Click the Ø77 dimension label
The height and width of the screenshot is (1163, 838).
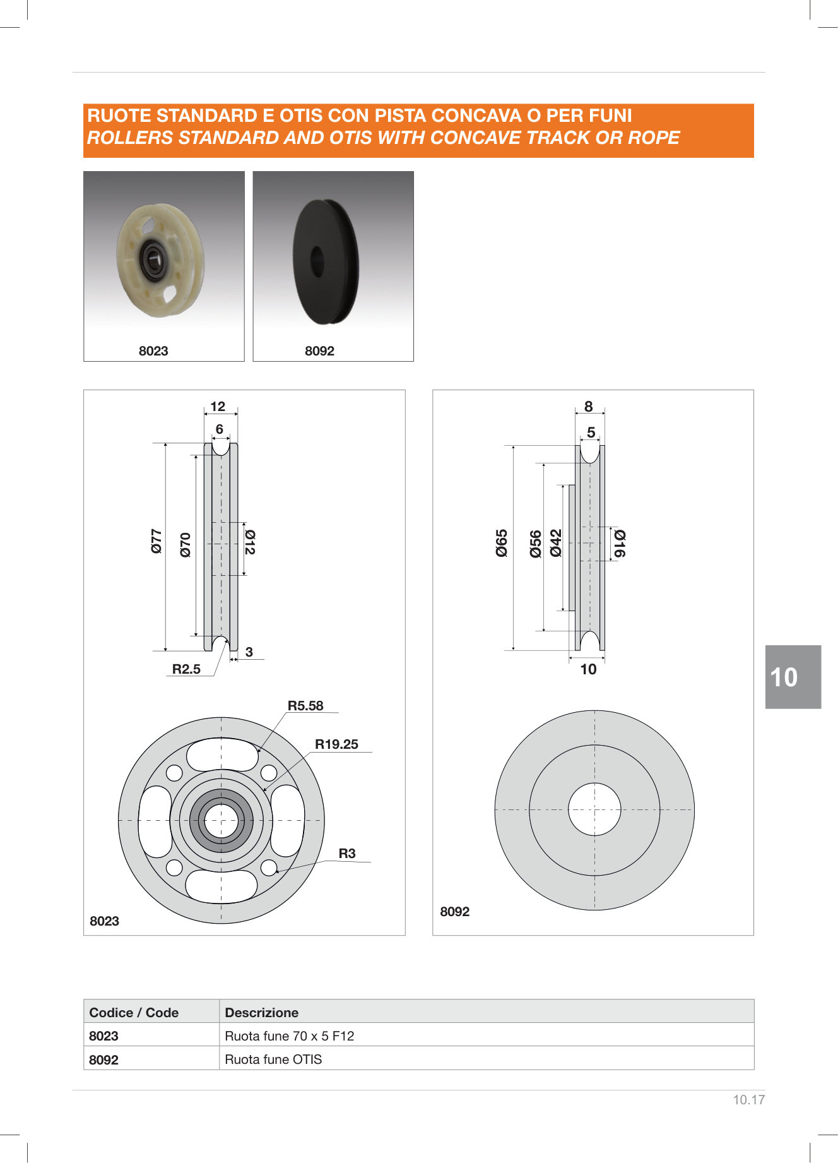156,541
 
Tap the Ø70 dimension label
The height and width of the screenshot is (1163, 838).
185,544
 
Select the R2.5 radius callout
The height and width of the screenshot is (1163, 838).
186,669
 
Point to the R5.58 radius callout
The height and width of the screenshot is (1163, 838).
305,706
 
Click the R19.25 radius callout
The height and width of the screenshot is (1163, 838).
336,744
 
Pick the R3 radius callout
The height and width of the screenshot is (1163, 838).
347,854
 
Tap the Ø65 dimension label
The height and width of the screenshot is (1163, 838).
502,543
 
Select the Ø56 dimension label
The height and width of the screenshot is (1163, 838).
536,544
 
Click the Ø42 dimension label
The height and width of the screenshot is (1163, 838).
556,543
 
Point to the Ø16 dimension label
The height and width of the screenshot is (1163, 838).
620,543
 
